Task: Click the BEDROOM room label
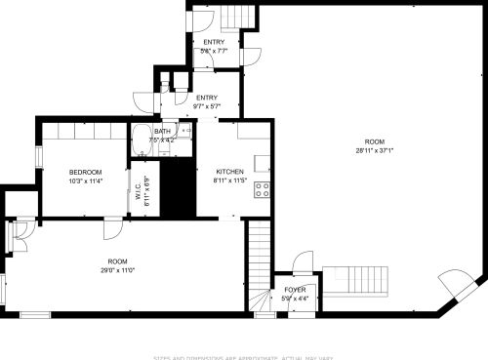[86, 172]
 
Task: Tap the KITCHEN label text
[229, 172]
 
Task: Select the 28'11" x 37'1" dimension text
[375, 150]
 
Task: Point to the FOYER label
[295, 290]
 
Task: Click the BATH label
[161, 131]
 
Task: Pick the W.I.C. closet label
[139, 193]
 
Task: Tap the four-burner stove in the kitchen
[263, 189]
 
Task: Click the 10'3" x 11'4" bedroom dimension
[86, 180]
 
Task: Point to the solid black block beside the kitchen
[179, 189]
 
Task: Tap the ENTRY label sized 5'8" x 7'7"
[214, 42]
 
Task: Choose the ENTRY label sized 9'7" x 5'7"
[207, 98]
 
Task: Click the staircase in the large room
[355, 280]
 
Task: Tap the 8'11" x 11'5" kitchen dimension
[229, 180]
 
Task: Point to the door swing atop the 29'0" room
[113, 228]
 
